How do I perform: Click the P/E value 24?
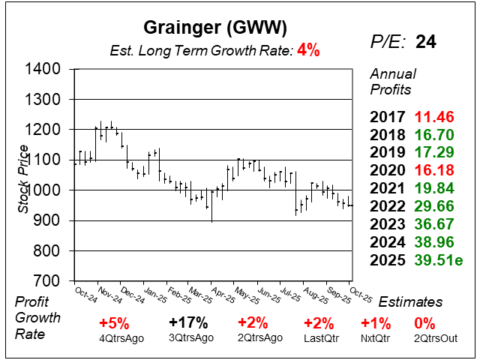(426, 42)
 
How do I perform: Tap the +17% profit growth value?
(187, 323)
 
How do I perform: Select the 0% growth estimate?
(424, 323)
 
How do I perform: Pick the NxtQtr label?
(376, 338)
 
